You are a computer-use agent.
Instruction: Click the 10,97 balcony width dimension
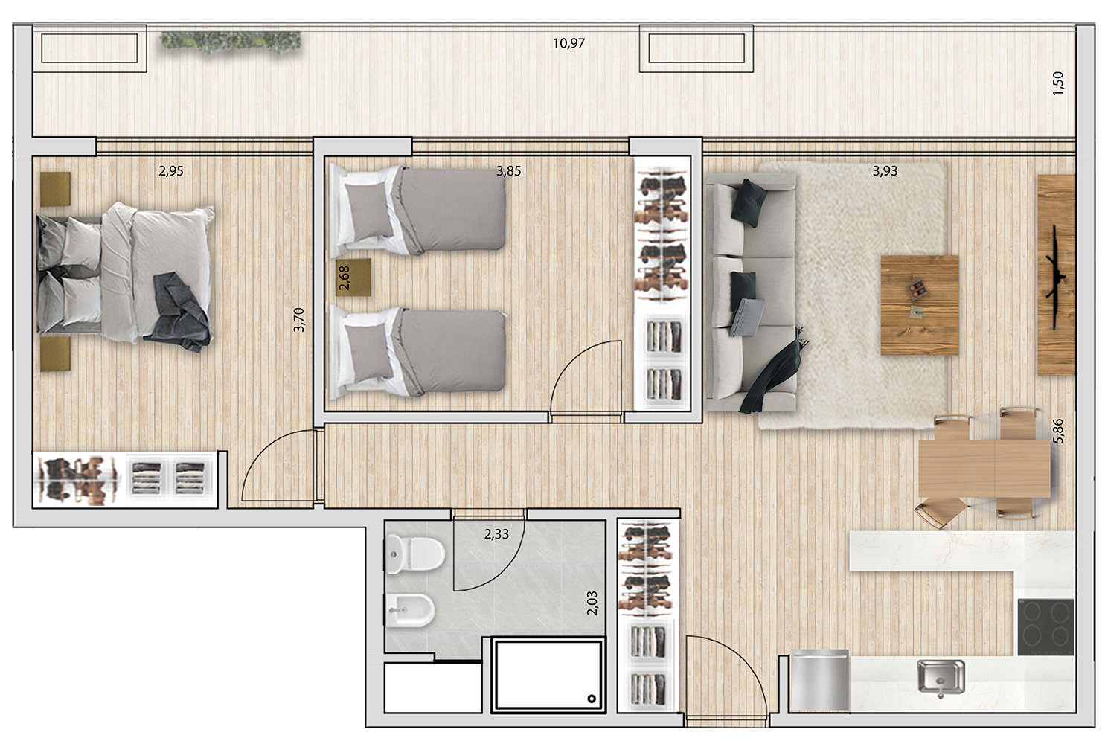[568, 43]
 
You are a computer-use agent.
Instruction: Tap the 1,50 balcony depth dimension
[1058, 81]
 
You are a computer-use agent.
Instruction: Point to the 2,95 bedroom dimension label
[171, 171]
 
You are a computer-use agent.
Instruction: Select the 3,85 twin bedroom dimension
[509, 171]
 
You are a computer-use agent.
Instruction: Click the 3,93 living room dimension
[885, 171]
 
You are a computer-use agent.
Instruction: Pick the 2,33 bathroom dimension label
[496, 534]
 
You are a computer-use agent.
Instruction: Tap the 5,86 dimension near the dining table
[1058, 431]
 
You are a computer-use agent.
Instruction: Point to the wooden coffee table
[919, 305]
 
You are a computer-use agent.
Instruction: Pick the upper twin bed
[420, 208]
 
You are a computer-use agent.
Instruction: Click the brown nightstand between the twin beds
[353, 278]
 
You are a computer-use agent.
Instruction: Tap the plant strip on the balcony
[231, 42]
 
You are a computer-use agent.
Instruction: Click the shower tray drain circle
[592, 699]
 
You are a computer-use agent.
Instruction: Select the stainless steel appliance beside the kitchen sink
[819, 680]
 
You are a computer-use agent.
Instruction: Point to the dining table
[984, 468]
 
